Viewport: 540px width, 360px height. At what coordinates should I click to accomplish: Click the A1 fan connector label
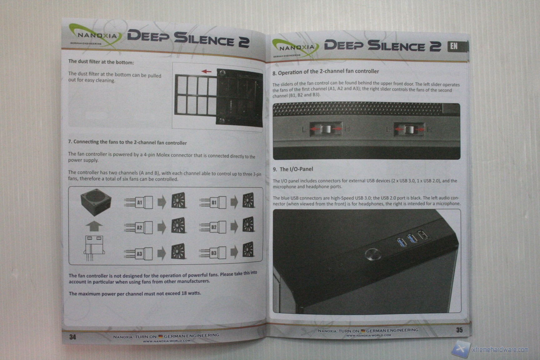click(x=140, y=202)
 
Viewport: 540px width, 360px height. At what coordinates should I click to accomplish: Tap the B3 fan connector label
click(x=214, y=253)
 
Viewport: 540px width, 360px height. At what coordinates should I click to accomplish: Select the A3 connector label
click(x=139, y=254)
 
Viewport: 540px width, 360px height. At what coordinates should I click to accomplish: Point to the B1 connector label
click(x=214, y=202)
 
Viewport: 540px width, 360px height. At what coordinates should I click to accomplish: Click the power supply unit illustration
click(x=96, y=203)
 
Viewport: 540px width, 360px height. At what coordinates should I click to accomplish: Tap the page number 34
click(x=72, y=337)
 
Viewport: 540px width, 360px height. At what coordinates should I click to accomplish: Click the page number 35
click(x=459, y=330)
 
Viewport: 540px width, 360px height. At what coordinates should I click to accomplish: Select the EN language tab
click(x=454, y=47)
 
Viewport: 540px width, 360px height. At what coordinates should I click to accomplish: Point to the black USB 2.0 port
click(x=423, y=234)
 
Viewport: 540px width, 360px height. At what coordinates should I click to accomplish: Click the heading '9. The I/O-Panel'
click(x=293, y=169)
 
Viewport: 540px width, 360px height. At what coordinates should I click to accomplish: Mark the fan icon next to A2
click(x=178, y=226)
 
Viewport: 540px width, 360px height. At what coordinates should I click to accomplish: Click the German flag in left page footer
click(x=160, y=336)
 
